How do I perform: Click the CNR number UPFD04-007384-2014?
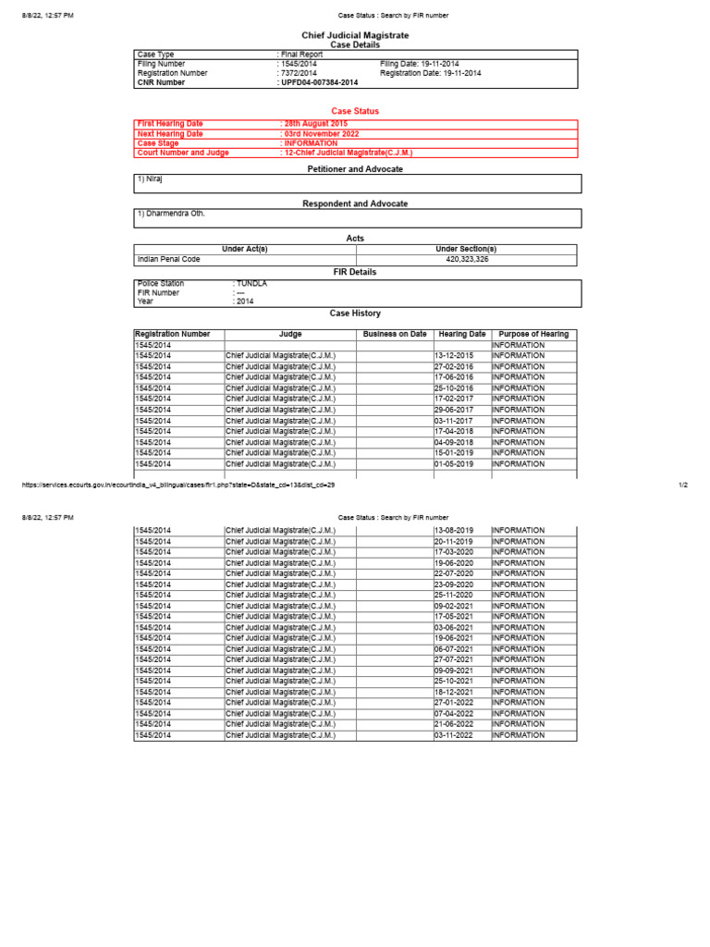pos(318,82)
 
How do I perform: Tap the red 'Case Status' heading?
pos(355,111)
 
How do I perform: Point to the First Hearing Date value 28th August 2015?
pos(315,124)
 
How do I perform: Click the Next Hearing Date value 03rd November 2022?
pos(320,134)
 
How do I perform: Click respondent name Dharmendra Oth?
pos(170,214)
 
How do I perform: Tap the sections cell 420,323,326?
pos(466,260)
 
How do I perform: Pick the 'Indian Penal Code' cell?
pos(168,260)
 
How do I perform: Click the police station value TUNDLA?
pos(251,284)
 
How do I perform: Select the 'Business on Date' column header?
pos(395,334)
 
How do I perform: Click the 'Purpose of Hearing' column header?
pos(533,334)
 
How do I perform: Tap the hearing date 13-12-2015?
pos(453,355)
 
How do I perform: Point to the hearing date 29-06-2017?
pos(453,410)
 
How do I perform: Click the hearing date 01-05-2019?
pos(453,464)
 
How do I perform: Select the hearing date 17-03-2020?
pos(453,552)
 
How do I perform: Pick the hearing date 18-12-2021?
pos(453,692)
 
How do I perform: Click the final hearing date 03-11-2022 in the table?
pos(453,735)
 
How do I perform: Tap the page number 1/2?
pos(682,485)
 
